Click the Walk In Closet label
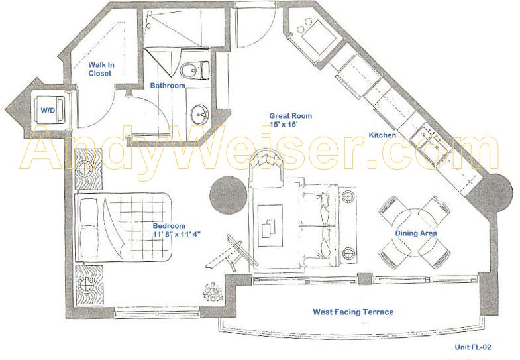[101, 69]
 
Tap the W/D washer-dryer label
[48, 110]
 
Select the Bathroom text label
[168, 86]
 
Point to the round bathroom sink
[199, 115]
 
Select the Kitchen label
[382, 135]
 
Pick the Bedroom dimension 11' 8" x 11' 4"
[176, 234]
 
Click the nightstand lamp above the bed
[85, 169]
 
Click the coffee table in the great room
[270, 225]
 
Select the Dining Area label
[416, 233]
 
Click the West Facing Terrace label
[354, 312]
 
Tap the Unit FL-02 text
[473, 347]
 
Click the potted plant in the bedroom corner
[213, 292]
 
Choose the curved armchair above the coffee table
[266, 168]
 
